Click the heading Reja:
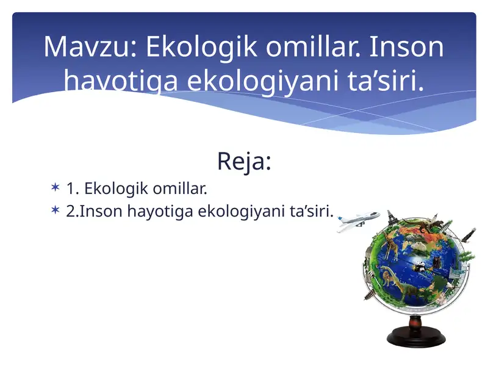coord(243,162)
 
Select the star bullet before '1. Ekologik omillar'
coord(56,188)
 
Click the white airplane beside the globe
coord(357,219)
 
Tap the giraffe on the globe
coord(390,246)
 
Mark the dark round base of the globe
coord(417,337)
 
